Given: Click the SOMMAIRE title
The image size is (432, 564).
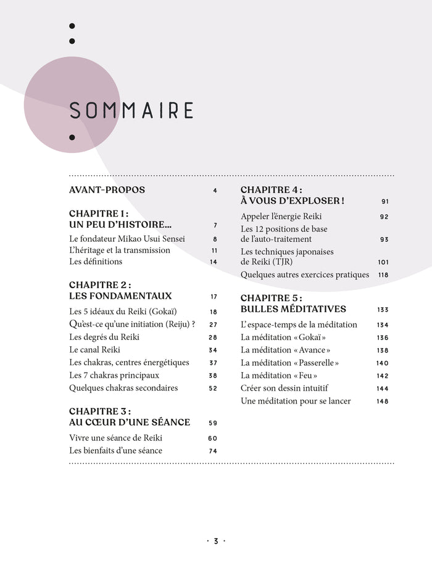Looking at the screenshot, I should [x=131, y=110].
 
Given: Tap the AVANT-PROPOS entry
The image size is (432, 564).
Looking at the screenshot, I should [x=107, y=190].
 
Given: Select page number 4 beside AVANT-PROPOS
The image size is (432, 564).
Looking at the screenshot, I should [x=215, y=191].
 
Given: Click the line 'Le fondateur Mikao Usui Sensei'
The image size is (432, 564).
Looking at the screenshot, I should [x=127, y=239].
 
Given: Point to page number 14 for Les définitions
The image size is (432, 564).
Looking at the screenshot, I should [x=214, y=262].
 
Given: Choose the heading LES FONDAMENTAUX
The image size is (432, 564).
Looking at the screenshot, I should [x=120, y=296].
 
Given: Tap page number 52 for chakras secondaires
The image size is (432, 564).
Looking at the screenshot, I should [x=213, y=389].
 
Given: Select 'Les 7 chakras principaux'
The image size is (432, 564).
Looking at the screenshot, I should [x=114, y=375].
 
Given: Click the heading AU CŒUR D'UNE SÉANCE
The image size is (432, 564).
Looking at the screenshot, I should [x=130, y=423].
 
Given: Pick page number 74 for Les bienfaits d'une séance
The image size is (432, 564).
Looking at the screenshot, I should [x=213, y=451].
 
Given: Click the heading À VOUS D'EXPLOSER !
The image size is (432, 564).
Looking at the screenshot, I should [x=292, y=201].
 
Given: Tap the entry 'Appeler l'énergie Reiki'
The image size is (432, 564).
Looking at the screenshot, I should [x=281, y=217].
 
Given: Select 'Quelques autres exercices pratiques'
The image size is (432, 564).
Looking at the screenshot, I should [x=305, y=275].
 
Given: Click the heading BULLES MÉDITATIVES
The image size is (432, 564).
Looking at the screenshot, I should [x=293, y=309].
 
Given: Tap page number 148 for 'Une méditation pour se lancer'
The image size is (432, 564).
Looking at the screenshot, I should [x=383, y=402].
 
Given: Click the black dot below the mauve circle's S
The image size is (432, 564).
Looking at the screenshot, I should [x=72, y=137].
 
